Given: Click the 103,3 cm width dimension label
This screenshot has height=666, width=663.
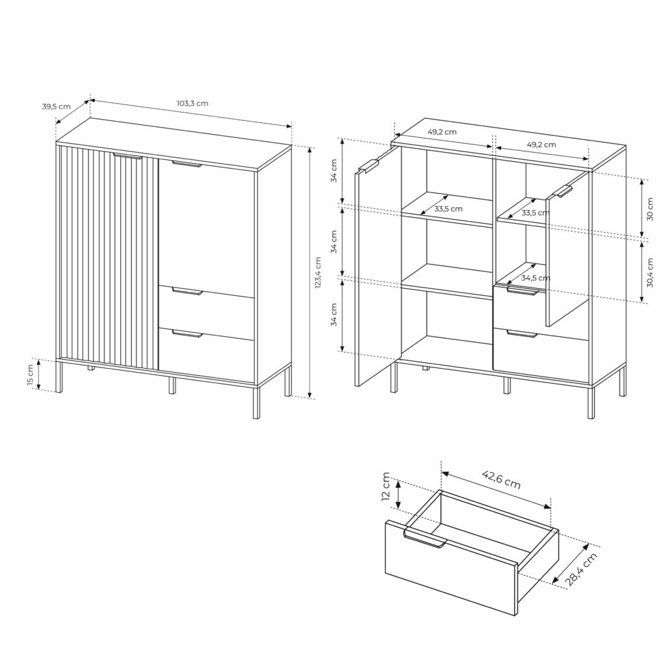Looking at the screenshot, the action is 192,103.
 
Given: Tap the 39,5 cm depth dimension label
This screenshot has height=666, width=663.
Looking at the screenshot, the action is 56,106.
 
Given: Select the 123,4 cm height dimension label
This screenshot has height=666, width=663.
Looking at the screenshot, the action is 318,273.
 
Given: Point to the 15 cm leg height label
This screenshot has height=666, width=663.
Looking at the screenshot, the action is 30,375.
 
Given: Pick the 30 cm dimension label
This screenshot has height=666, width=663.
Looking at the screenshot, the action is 650,209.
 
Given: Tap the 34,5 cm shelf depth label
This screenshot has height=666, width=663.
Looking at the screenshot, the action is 536,278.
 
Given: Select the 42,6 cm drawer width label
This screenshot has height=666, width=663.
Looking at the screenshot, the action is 501,479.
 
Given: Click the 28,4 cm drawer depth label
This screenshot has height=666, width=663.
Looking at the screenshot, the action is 582,569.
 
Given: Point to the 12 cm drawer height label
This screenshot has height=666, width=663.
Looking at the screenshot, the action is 386,486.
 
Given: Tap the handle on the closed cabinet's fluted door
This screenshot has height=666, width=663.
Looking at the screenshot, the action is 127,156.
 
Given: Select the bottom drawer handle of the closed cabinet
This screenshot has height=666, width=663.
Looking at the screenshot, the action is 187,334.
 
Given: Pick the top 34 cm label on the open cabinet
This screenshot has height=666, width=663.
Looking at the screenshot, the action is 334,171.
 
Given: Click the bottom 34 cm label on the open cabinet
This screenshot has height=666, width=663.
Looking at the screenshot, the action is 334,315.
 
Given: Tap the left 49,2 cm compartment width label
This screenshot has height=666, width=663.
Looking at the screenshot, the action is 442,132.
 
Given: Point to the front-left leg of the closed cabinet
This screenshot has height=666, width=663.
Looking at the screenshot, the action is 59,377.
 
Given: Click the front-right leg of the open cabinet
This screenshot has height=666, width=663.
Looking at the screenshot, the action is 591,402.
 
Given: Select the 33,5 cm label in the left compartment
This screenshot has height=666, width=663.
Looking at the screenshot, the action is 448,209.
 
